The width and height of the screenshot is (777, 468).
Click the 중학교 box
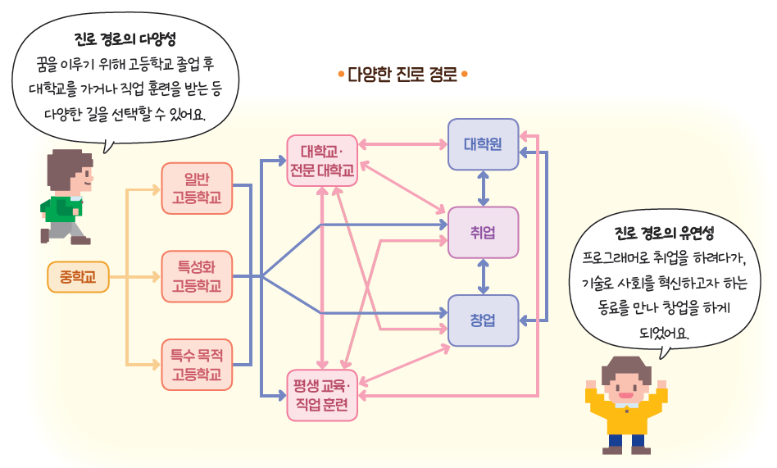click(78, 277)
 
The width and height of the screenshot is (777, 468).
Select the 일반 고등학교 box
click(197, 188)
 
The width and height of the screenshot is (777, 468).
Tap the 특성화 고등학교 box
click(197, 276)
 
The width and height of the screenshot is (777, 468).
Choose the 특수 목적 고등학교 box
click(197, 364)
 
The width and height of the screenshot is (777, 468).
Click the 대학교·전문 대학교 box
click(322, 161)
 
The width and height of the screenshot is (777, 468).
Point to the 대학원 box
click(483, 144)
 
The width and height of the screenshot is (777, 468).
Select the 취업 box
click(483, 232)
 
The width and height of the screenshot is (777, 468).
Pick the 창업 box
click(483, 320)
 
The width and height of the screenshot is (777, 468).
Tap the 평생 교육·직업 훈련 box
click(322, 395)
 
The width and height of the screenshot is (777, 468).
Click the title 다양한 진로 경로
click(402, 75)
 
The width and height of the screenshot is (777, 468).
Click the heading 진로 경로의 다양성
click(125, 39)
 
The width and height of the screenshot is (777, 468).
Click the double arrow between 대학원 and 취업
click(484, 188)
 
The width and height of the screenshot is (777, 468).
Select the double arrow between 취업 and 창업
click(484, 276)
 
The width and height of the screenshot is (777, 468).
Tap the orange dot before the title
click(340, 75)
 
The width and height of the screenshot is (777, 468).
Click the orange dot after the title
click(464, 75)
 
